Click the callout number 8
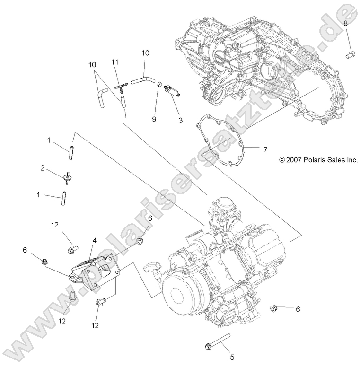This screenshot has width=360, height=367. (x=346, y=23)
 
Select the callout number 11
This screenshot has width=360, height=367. (x=115, y=62)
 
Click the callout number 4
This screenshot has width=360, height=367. (x=95, y=240)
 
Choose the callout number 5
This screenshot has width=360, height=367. (x=231, y=357)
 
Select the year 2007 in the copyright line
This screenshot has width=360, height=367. (x=294, y=160)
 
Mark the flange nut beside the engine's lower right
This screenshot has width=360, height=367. (x=274, y=308)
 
